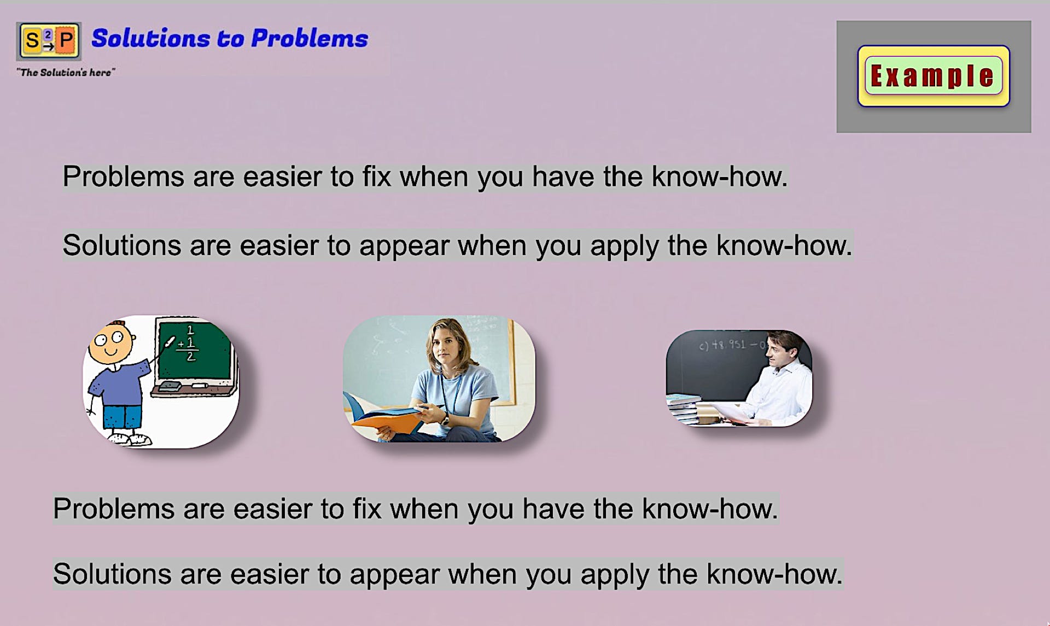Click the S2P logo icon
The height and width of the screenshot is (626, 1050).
tap(49, 41)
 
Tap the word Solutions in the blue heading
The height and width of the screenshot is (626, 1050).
tap(150, 38)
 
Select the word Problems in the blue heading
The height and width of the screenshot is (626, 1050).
tap(310, 38)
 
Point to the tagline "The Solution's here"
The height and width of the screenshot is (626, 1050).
tap(66, 72)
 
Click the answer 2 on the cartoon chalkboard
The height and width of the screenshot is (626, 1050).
tap(190, 356)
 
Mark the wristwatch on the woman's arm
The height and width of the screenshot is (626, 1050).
tap(445, 420)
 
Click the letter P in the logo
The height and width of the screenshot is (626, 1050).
tap(66, 40)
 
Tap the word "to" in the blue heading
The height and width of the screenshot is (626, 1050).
tap(230, 39)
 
